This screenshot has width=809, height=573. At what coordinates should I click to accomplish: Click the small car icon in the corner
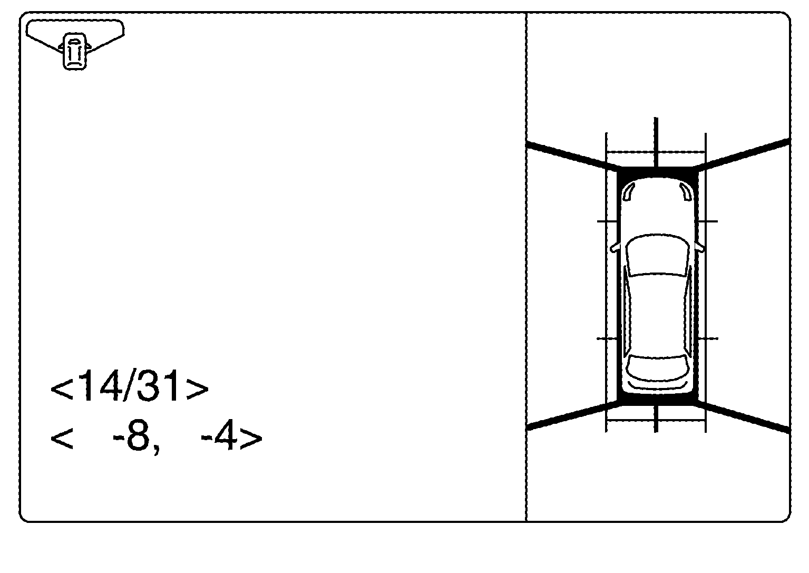[x=74, y=51]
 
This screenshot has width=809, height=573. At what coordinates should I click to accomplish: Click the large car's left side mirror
[x=615, y=247]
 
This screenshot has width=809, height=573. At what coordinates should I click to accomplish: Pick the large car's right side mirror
[x=700, y=247]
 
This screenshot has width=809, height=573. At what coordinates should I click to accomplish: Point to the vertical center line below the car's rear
[x=656, y=419]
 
